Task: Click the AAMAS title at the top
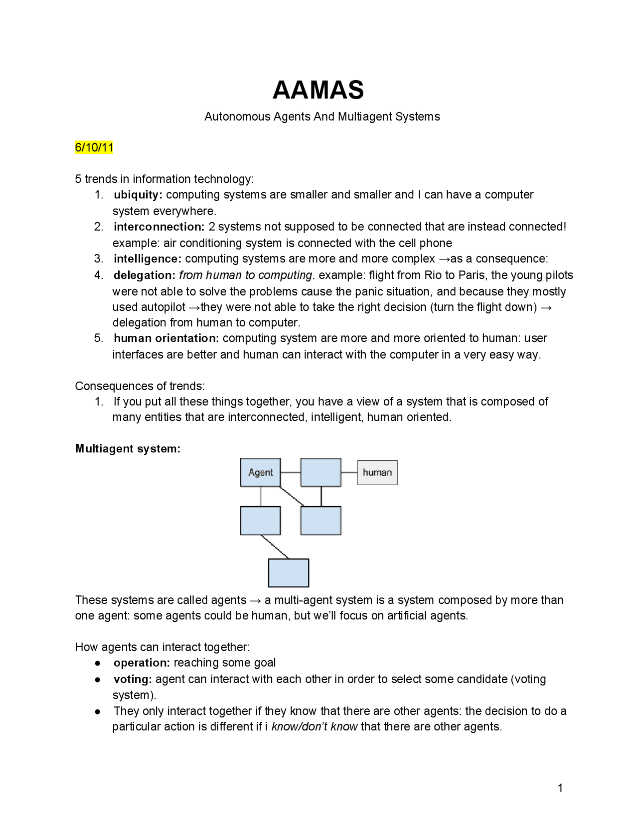318,90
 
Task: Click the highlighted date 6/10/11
94,147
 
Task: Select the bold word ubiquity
138,195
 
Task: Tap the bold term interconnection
159,227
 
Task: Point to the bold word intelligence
148,259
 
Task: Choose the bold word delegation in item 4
145,275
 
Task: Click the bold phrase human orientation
166,338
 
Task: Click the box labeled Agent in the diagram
260,472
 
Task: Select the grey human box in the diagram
377,472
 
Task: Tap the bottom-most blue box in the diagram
289,573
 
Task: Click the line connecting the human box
349,472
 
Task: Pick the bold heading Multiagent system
128,448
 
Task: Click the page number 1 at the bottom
560,788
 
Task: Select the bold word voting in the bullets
133,679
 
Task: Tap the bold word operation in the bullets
142,663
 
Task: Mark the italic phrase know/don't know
314,726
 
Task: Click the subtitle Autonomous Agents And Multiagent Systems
322,117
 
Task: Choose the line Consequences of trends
140,386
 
